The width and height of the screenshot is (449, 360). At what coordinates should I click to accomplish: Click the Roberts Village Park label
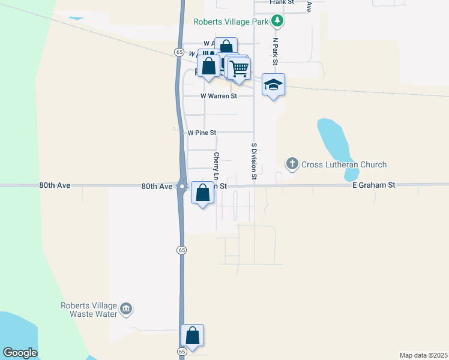[x=231, y=22]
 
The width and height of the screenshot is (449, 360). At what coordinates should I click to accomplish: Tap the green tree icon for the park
[x=277, y=22]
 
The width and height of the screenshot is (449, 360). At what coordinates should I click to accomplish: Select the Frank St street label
[x=282, y=2]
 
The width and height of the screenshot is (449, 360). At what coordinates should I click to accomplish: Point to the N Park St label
[x=275, y=51]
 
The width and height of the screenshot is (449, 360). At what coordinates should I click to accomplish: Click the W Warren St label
[x=218, y=96]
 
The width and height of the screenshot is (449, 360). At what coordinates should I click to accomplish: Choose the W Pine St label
[x=202, y=133]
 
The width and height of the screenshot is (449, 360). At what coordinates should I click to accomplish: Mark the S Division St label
[x=254, y=161]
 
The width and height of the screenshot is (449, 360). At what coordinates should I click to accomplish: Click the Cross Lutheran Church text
[x=344, y=164]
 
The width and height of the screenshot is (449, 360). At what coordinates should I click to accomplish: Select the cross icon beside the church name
[x=292, y=164]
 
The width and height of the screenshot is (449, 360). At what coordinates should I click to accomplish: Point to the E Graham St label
[x=373, y=186]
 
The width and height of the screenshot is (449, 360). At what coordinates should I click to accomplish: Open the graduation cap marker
[x=273, y=85]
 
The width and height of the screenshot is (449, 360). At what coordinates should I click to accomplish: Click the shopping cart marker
[x=239, y=69]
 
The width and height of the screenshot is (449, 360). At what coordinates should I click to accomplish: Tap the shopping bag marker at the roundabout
[x=203, y=194]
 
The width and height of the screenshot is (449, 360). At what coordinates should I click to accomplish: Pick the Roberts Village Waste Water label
[x=89, y=309]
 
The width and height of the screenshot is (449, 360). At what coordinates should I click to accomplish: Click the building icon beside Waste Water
[x=126, y=310]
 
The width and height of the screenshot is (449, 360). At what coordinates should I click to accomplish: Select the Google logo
[x=20, y=353]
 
